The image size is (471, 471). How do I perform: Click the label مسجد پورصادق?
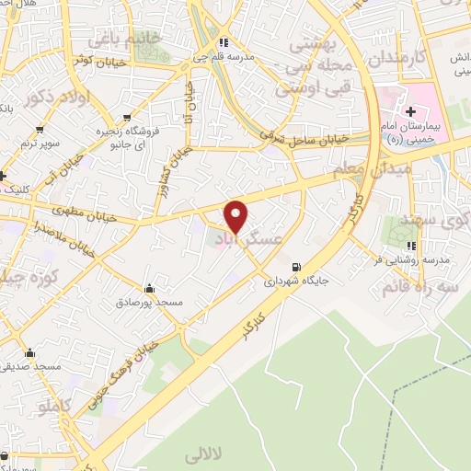tap(149, 302)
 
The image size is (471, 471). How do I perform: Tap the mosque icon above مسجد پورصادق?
tap(149, 289)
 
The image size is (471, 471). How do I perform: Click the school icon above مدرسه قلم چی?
tap(222, 41)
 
